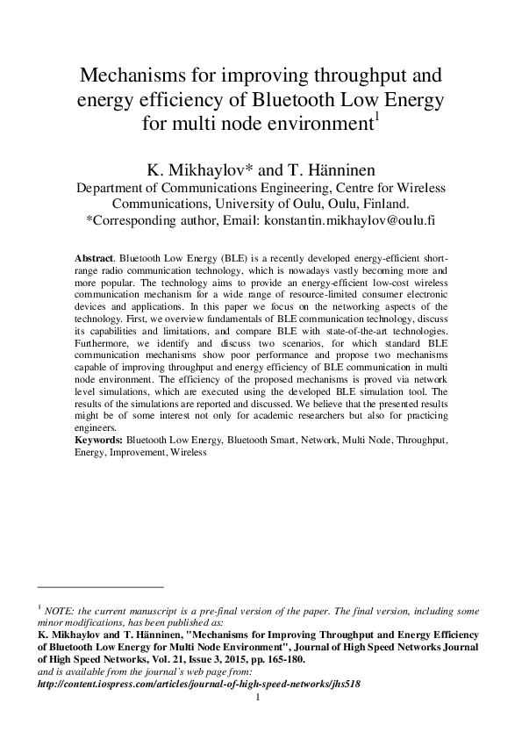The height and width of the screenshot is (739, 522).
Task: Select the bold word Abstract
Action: pos(95,261)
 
